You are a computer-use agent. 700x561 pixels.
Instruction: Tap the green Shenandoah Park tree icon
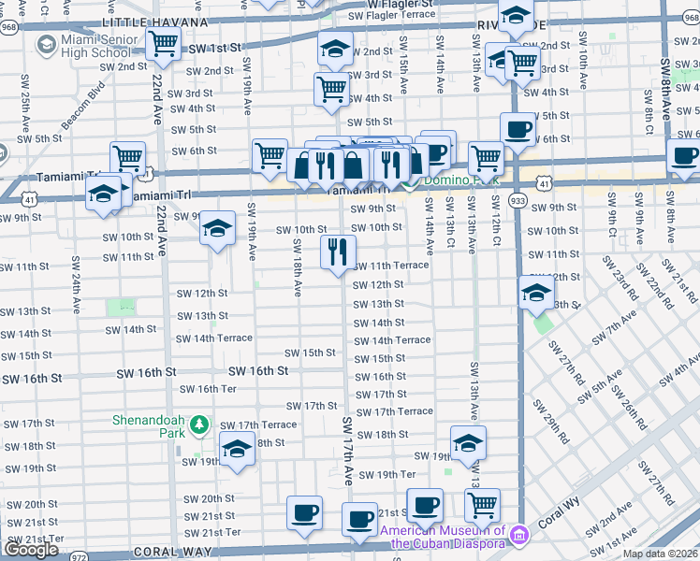(x=198, y=426)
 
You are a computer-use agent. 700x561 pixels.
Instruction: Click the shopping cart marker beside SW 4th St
(x=331, y=90)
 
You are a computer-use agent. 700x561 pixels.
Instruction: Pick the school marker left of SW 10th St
(x=217, y=229)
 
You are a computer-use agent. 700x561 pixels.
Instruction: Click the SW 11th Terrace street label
(x=391, y=266)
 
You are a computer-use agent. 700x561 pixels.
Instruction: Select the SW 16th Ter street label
(x=208, y=389)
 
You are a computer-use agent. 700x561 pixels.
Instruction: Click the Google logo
(x=32, y=550)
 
